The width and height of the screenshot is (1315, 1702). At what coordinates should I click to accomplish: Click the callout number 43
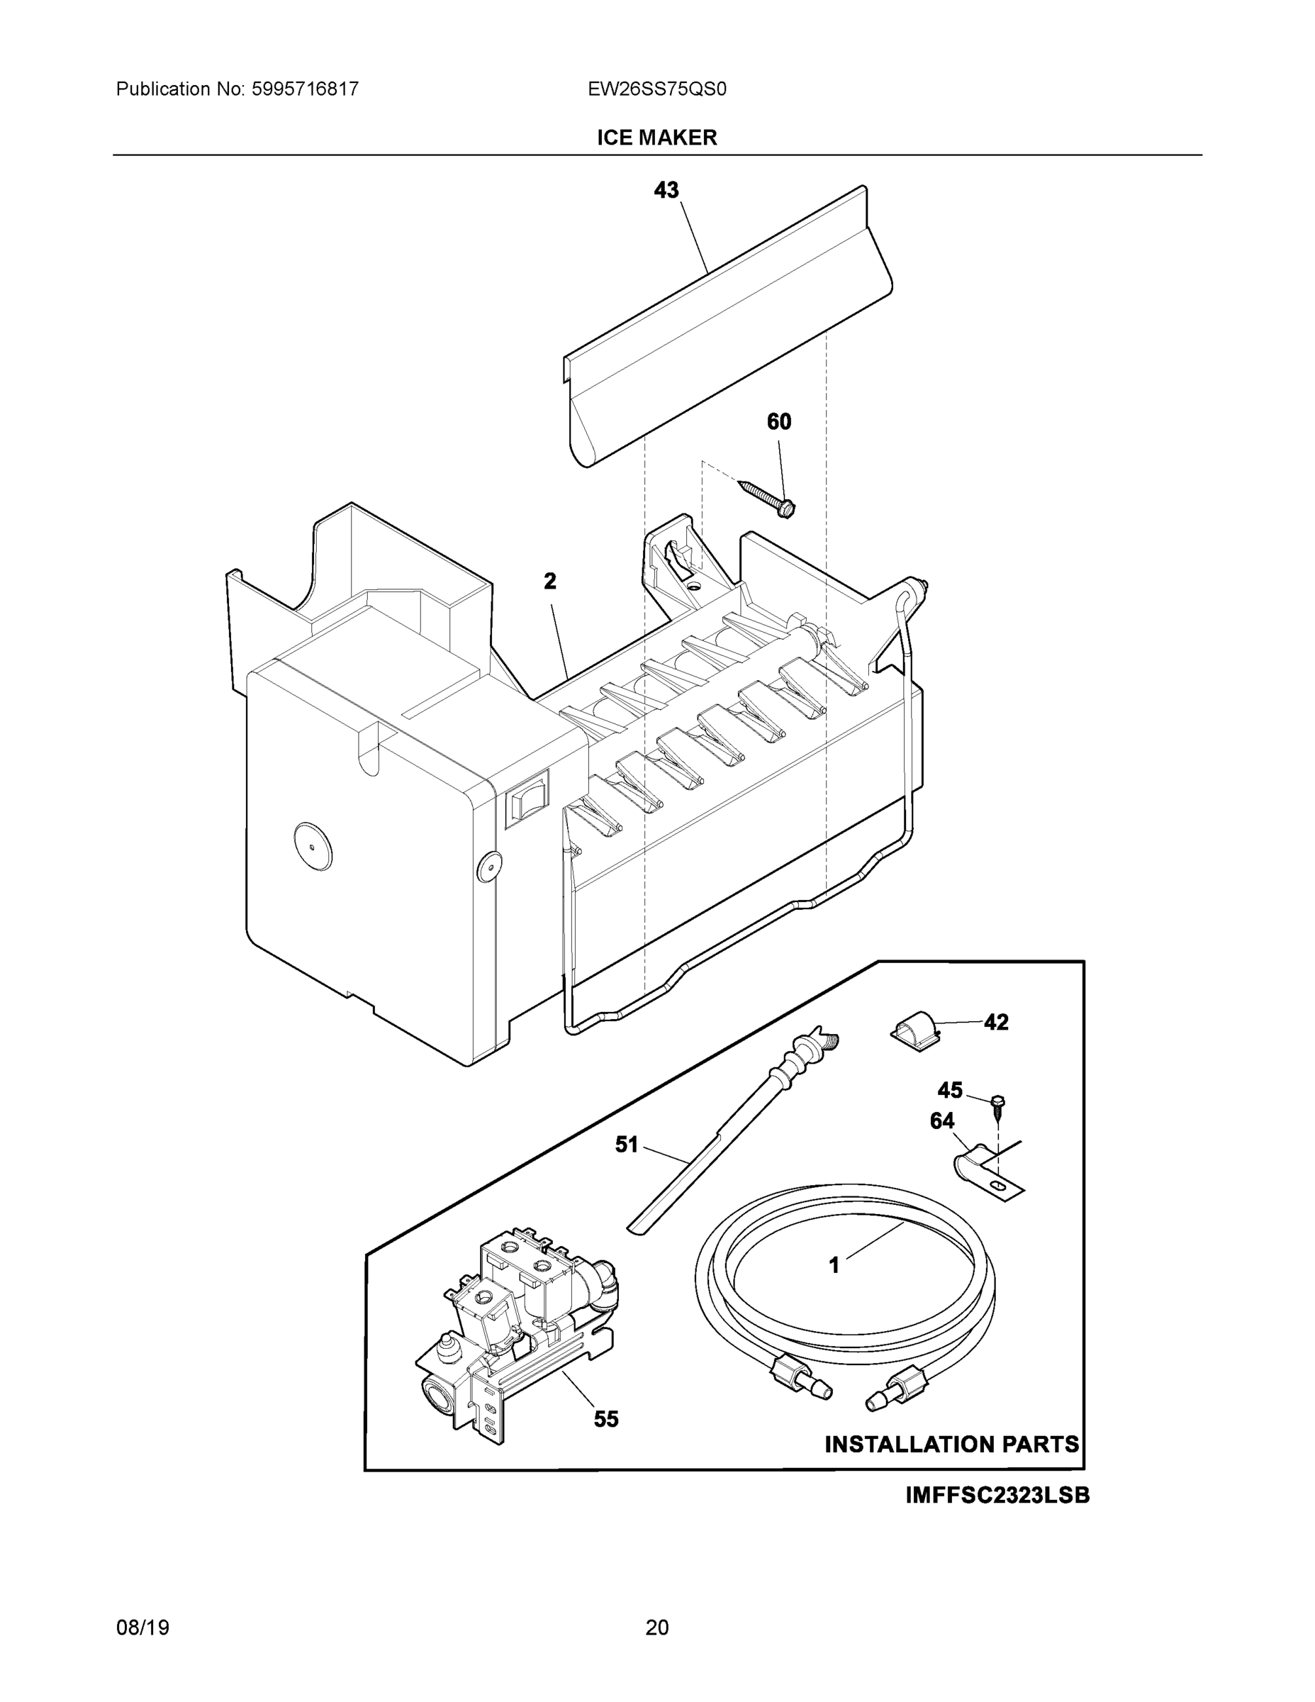(666, 190)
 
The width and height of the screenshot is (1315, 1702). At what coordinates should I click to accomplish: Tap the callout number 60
(779, 422)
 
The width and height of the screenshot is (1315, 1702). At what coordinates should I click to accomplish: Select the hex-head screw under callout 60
(767, 498)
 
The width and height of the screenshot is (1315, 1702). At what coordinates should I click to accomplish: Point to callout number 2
(550, 582)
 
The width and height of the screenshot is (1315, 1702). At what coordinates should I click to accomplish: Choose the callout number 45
(950, 1089)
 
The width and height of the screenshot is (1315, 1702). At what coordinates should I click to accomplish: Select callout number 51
(627, 1145)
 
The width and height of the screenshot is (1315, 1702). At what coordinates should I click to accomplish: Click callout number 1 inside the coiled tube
(834, 1267)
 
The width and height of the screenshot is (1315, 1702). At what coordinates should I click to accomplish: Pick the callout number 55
(606, 1419)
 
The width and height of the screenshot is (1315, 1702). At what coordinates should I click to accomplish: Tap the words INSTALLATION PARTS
(952, 1444)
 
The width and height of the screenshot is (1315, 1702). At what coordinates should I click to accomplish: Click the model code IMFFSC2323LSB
(997, 1496)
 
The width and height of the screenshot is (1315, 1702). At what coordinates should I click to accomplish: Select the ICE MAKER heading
(656, 138)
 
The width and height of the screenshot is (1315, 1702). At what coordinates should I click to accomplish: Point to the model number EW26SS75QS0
(656, 89)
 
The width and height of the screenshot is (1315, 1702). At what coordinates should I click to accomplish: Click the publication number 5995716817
(305, 89)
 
